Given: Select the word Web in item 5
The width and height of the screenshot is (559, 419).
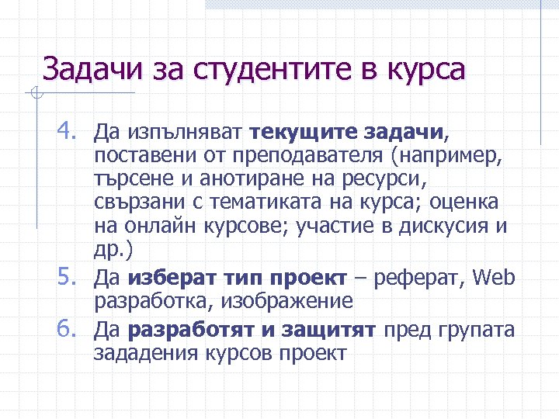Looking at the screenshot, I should [x=494, y=276].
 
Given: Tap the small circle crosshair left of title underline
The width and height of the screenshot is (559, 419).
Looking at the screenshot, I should [x=36, y=95].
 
